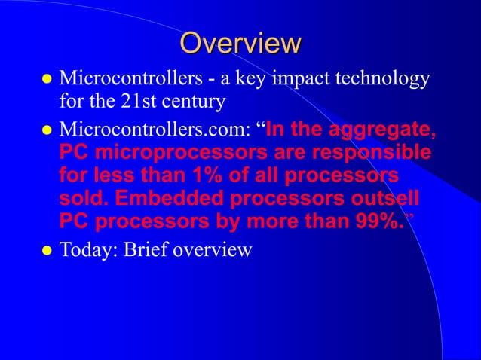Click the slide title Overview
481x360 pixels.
(240, 43)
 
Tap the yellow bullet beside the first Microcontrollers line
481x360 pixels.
(47, 80)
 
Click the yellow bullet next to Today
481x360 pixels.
(47, 249)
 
